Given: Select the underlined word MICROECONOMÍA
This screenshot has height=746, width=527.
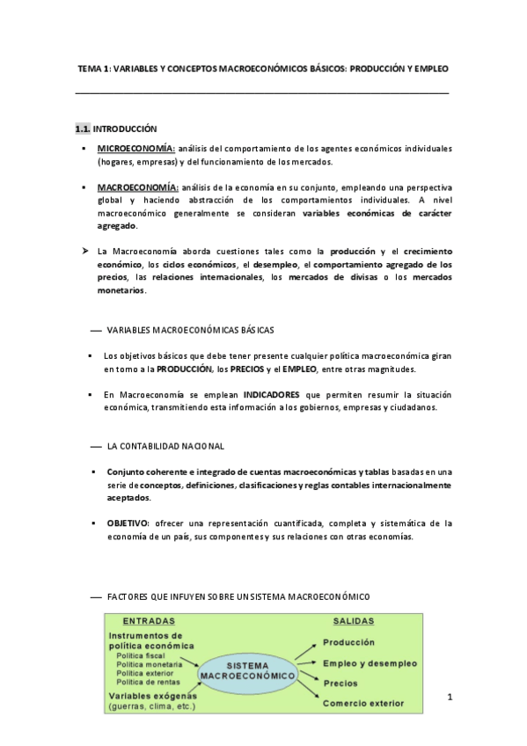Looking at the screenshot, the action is point(136,148).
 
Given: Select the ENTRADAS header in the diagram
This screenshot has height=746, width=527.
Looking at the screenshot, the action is point(148,620).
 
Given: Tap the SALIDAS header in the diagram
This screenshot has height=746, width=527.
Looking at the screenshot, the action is point(355,620).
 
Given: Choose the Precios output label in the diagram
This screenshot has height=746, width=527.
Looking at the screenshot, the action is point(341,683).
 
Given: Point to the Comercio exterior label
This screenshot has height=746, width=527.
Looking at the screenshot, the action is point(363,703).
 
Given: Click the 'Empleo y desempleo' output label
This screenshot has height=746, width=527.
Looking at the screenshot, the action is point(370,662).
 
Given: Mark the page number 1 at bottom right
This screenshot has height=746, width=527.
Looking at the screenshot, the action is point(449,698).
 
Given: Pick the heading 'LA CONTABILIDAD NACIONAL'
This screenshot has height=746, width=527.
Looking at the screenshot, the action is point(165,446).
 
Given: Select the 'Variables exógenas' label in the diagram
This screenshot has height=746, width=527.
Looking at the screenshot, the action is point(150,694).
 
